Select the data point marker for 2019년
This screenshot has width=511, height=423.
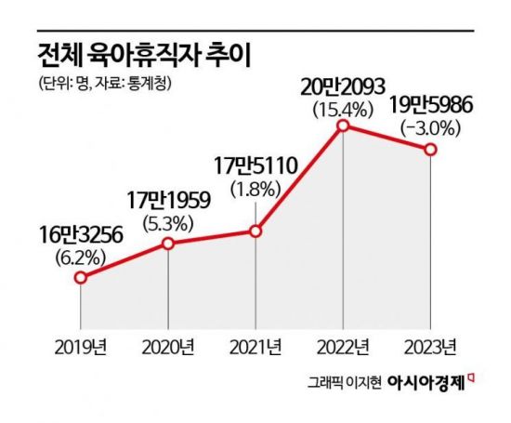click(80, 278)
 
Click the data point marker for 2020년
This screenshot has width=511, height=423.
click(168, 244)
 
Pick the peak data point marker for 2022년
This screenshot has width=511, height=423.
click(344, 124)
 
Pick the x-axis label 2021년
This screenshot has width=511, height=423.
click(255, 349)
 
